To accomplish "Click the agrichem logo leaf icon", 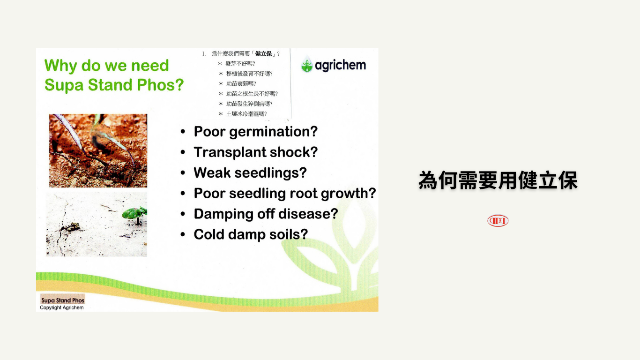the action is coord(307,64).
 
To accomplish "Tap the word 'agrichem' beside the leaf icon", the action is coord(340,66).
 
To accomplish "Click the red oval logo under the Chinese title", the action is coord(498,220).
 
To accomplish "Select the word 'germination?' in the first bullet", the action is coord(273,132).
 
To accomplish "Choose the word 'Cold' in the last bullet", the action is coord(208,234).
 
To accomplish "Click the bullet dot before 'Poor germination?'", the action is coord(183,132).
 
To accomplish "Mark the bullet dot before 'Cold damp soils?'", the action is coord(183,234).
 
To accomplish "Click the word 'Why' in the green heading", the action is coord(60,66).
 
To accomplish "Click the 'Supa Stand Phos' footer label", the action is coord(63,300).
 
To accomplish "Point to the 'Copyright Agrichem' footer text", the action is coord(62,307).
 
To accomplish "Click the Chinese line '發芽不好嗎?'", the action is coord(240,63).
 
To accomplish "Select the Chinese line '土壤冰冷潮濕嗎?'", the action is coord(246,114).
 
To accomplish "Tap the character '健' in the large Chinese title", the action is coord(528,180).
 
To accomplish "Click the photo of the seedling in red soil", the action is coord(98,150).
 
